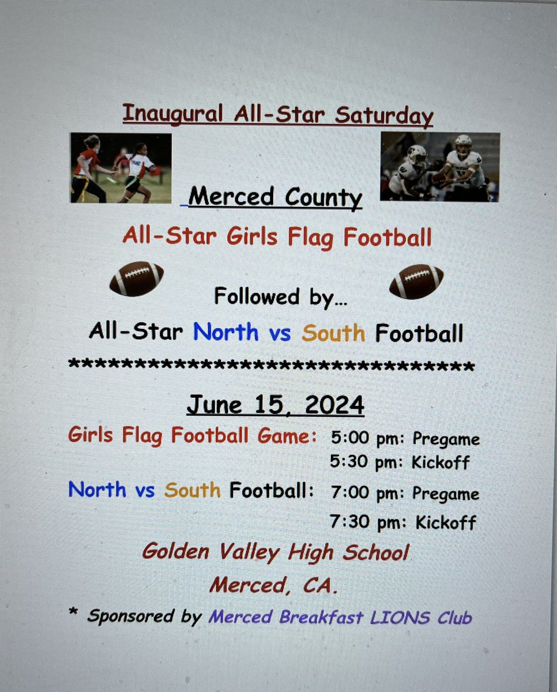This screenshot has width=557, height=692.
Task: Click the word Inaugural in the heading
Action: point(172,114)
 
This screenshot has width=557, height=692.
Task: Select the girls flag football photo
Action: point(121,168)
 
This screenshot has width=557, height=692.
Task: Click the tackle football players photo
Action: point(439,167)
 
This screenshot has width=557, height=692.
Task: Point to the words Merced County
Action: point(276,198)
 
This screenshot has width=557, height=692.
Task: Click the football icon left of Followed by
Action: point(137,280)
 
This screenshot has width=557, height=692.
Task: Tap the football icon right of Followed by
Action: point(416,281)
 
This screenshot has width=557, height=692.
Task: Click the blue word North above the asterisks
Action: point(225,333)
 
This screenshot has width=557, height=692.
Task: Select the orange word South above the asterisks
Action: point(333,333)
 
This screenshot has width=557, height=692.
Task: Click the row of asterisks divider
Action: point(271,366)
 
